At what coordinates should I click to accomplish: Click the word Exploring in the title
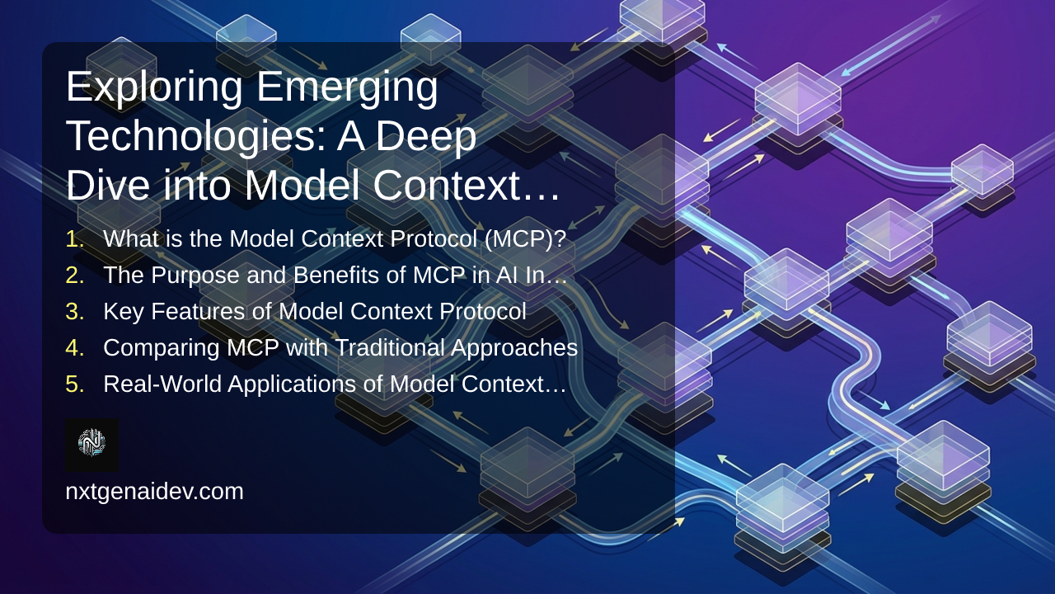154,87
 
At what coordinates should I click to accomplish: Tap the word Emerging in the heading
347,87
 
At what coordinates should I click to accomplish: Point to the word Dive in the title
108,186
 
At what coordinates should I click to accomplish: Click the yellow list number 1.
75,238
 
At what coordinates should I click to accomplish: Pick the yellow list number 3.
75,311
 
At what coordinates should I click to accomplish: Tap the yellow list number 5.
75,384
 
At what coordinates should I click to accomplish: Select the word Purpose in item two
195,276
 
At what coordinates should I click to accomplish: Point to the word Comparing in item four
162,348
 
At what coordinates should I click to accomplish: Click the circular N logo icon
91,443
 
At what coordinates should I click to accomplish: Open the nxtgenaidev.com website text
154,492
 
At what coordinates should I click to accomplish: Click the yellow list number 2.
75,275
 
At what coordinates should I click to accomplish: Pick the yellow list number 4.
75,347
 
